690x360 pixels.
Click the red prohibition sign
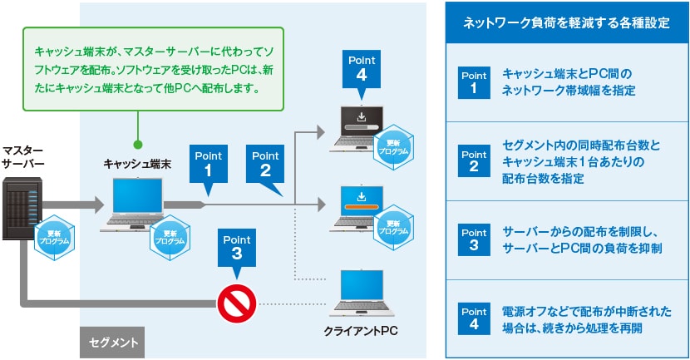[x=237, y=303]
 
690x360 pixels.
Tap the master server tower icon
[x=22, y=208]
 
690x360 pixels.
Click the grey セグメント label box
[x=112, y=342]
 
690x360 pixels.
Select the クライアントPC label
[x=361, y=331]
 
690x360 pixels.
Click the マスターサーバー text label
[x=22, y=157]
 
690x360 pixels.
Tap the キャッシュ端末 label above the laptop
[x=137, y=164]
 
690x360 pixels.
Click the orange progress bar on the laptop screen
[x=362, y=207]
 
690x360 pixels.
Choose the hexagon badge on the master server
[x=54, y=237]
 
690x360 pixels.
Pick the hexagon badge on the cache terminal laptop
[x=170, y=237]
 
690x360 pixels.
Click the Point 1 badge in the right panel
[x=474, y=83]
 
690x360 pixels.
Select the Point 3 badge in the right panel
[x=474, y=239]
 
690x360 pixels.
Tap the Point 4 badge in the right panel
[x=474, y=318]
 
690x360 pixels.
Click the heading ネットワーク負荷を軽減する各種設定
[x=566, y=23]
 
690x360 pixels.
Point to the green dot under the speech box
[x=138, y=145]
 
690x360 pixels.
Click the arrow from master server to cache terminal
[x=73, y=205]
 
